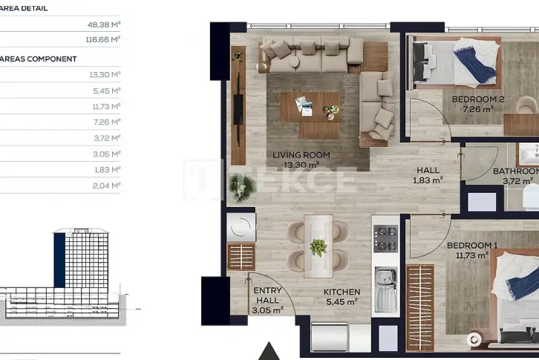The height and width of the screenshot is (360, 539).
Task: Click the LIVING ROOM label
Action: coord(301,155)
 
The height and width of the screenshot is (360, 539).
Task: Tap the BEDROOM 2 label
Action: coord(478,99)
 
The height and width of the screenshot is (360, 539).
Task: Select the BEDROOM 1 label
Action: coord(472,246)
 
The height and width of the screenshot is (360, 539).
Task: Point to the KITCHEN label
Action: coord(342,292)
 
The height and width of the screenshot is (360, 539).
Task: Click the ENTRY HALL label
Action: coord(267,295)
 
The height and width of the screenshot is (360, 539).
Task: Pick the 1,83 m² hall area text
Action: coord(428,180)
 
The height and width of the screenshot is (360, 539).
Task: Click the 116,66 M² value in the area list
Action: coord(102,39)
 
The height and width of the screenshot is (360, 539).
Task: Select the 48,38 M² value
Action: coord(104,24)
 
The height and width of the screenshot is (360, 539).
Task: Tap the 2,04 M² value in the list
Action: coord(106,186)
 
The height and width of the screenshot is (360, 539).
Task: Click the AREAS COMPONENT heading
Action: coord(38,59)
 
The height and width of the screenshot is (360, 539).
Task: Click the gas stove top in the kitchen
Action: coord(385,238)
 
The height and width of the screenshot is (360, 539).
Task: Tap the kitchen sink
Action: coord(385,290)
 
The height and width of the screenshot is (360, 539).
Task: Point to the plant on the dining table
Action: coord(318,248)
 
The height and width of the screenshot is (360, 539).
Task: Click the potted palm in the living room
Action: coord(243,187)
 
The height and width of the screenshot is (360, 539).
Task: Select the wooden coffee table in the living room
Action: coord(311,107)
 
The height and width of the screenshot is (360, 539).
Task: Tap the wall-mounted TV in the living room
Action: coord(238,109)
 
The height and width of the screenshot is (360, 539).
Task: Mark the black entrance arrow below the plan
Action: coord(269,351)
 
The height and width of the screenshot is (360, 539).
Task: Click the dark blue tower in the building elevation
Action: coord(59,260)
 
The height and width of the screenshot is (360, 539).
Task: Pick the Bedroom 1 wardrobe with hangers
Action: coord(420,307)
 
